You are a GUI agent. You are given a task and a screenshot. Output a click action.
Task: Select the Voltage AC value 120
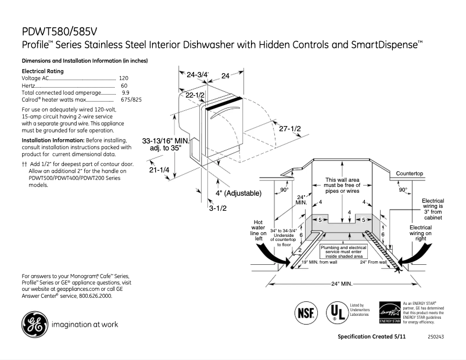(x=123, y=78)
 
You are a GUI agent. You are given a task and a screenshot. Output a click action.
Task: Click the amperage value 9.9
(x=126, y=92)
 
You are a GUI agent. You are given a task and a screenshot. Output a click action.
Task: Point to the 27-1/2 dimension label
(x=289, y=128)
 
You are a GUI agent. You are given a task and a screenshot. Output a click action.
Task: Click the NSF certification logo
(x=306, y=312)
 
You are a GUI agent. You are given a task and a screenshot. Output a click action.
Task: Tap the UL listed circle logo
(x=335, y=311)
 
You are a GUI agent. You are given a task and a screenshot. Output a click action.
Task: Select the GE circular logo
(x=35, y=325)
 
